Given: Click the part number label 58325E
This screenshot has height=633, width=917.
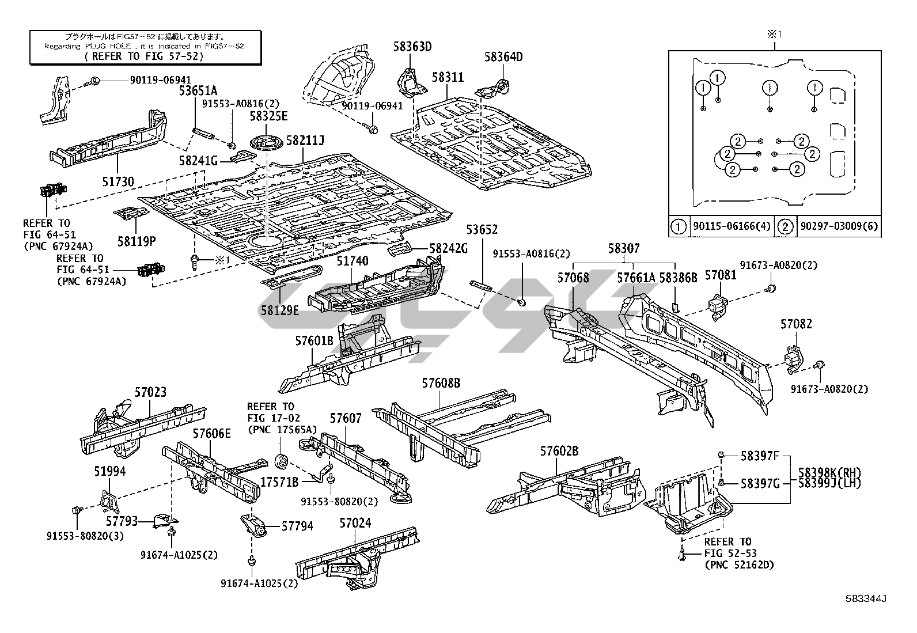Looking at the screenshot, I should (x=268, y=116).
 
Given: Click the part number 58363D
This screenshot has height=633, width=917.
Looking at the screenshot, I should (x=412, y=47).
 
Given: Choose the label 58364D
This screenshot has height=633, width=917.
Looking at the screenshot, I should (x=503, y=57).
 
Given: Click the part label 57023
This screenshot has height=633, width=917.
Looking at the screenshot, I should (x=150, y=393).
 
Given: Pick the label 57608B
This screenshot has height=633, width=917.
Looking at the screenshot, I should (x=441, y=383).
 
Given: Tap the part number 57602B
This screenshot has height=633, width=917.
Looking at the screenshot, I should (x=559, y=451).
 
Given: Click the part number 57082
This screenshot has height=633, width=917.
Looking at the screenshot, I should (x=796, y=324).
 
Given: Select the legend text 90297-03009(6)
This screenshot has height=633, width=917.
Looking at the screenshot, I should (x=838, y=226).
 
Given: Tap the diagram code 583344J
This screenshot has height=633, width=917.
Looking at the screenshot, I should (x=866, y=598).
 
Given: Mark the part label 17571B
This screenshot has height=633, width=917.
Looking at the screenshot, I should (x=279, y=482).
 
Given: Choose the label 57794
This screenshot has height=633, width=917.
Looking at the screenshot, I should (x=297, y=526).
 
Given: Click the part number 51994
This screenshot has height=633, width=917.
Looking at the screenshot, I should (x=109, y=472).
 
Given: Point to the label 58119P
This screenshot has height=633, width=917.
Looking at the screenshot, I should (x=136, y=241).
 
